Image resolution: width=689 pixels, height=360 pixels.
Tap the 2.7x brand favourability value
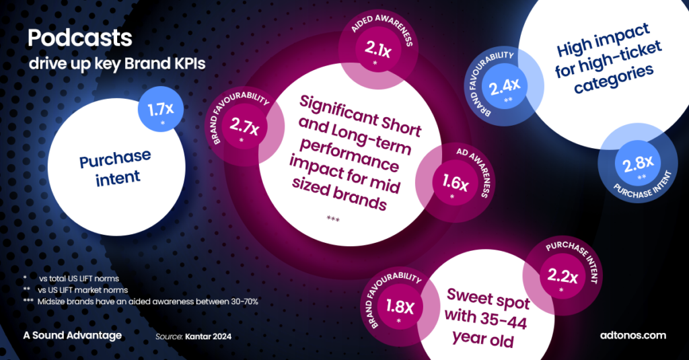pos(244,125)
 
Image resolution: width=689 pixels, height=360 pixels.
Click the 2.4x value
pos(503,85)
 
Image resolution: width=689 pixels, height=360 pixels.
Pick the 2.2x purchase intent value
pos(562,275)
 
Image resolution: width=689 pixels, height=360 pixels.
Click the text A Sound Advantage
pos(72,334)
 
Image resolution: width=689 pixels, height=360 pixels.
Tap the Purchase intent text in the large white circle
pos(114,167)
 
